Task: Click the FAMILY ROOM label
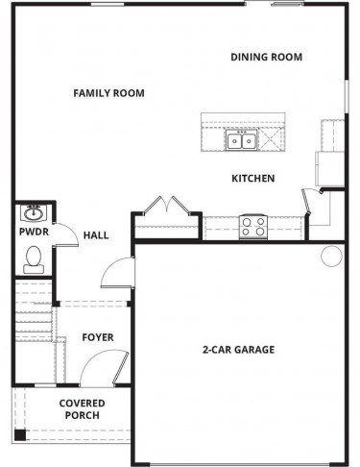click(x=108, y=93)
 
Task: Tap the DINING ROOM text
click(x=267, y=57)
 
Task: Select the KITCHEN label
click(x=253, y=179)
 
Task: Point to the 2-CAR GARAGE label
click(x=238, y=350)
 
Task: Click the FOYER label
click(x=98, y=337)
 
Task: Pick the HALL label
click(x=96, y=235)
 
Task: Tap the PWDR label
click(x=34, y=232)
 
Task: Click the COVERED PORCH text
click(x=83, y=409)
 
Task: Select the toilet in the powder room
click(x=34, y=259)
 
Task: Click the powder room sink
click(x=34, y=213)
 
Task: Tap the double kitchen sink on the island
click(x=242, y=140)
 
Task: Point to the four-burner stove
click(x=253, y=227)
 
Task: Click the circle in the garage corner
click(x=331, y=256)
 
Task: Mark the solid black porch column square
click(x=20, y=434)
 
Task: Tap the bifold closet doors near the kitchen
click(x=167, y=205)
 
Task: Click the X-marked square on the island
click(x=271, y=139)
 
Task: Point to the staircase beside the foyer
click(x=34, y=310)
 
